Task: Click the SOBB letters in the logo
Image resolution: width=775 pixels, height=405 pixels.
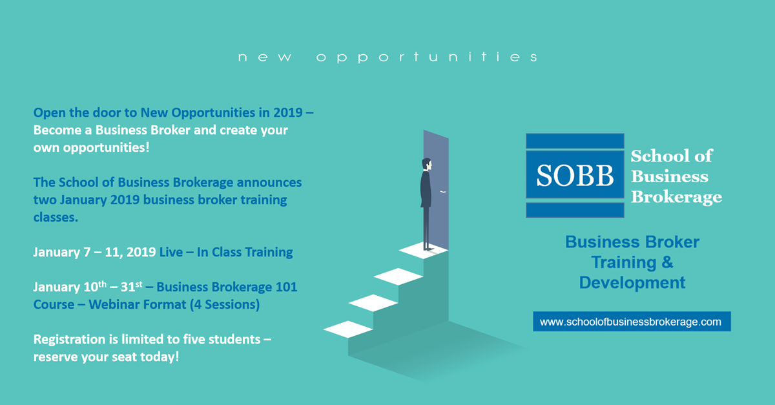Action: tap(575, 176)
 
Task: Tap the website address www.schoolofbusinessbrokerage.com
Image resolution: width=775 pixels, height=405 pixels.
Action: tap(630, 322)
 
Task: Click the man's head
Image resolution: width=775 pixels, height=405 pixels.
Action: tap(427, 165)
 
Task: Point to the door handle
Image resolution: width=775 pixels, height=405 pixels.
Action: tap(443, 191)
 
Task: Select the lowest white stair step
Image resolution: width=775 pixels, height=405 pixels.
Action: tap(348, 329)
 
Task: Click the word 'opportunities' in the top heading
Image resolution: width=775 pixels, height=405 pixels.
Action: tap(427, 57)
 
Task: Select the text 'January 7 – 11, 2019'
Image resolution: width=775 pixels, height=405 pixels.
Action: tap(94, 253)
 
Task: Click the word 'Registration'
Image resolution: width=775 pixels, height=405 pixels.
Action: tap(69, 340)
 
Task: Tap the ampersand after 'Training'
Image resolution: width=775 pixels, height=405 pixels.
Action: tap(667, 262)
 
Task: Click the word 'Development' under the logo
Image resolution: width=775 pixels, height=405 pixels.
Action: tap(632, 283)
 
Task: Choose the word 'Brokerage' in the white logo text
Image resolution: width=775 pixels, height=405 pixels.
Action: tap(676, 197)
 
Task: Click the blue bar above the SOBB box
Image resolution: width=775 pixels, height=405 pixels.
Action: tap(575, 141)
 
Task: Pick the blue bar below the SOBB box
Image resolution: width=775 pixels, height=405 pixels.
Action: tap(575, 210)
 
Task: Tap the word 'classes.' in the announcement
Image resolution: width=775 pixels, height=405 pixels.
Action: tap(56, 218)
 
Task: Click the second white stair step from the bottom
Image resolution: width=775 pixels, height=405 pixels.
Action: tap(373, 303)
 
